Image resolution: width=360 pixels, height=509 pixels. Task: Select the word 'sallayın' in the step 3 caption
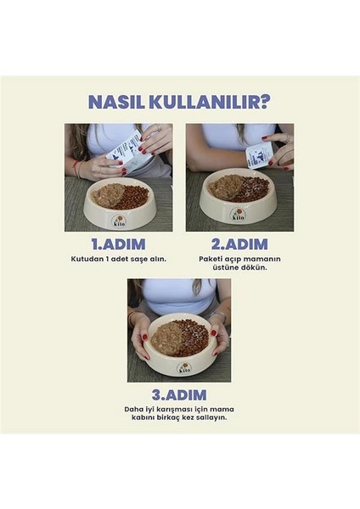[x=214, y=417]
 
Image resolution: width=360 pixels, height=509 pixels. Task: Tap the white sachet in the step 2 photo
[x=259, y=154]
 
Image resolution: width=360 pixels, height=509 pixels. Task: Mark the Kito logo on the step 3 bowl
[x=179, y=367]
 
